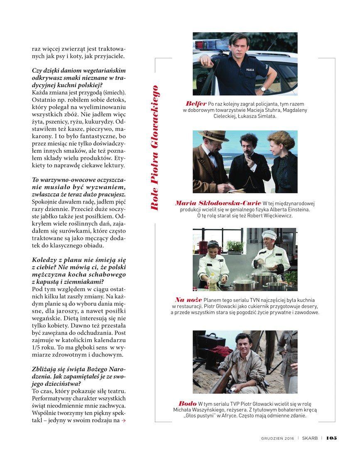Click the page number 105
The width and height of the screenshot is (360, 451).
click(331, 438)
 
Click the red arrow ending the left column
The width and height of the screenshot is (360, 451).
click(123, 421)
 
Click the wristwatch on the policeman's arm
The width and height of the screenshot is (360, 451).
click(262, 88)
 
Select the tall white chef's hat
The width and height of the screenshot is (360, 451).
click(269, 235)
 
